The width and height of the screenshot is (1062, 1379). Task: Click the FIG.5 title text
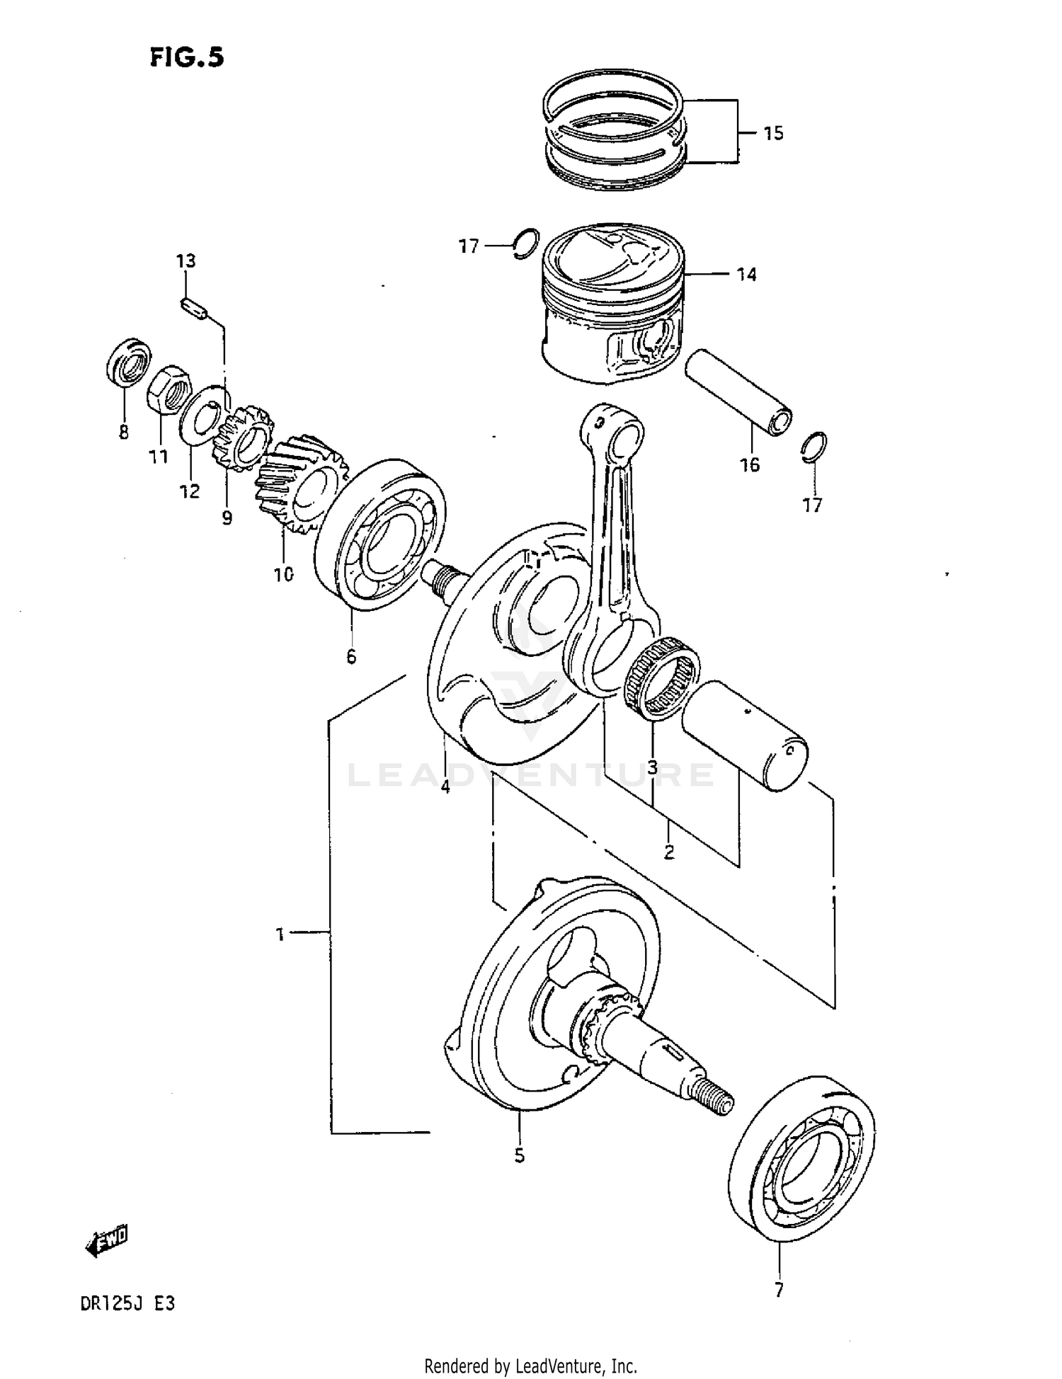coord(186,57)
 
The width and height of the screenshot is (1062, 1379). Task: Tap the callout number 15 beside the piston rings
coord(773,133)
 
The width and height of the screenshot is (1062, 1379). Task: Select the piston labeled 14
coord(612,304)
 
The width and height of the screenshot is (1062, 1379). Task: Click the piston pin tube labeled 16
coord(738,393)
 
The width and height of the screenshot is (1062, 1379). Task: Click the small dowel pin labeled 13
coord(193,309)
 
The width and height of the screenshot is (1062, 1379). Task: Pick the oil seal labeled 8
coord(128,362)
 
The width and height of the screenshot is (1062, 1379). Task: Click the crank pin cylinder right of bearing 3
coord(745,736)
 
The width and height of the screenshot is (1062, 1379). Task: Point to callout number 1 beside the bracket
coord(280,934)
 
